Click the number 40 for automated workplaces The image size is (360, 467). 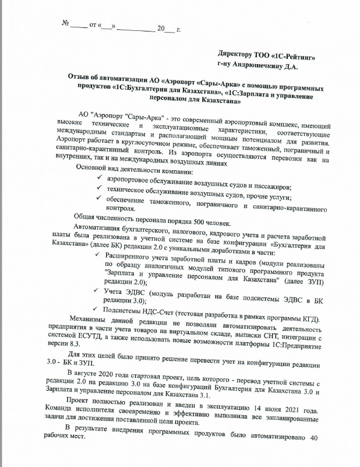click(x=315, y=438)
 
